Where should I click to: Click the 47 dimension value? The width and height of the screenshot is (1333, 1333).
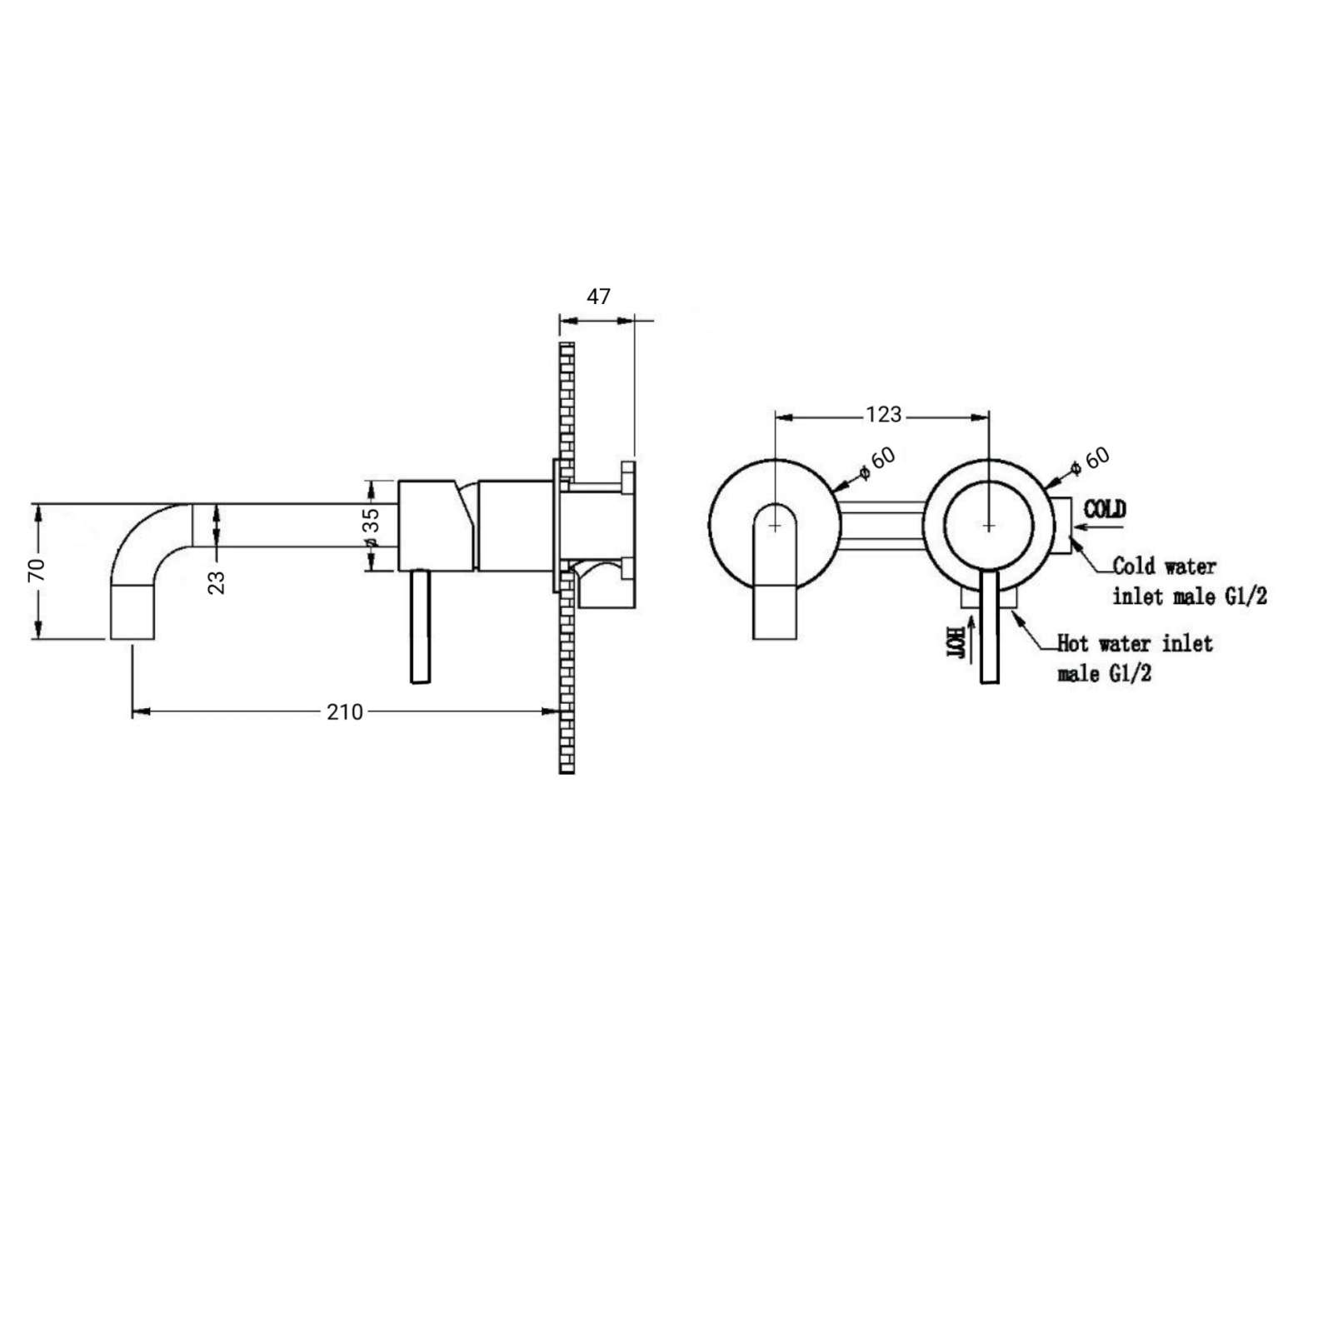point(599,297)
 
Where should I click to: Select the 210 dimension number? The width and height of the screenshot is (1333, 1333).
point(345,712)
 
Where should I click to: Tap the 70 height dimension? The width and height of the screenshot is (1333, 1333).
point(37,570)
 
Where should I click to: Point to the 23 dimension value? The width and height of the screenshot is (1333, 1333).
point(217,582)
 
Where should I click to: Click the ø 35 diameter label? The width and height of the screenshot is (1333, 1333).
point(372,529)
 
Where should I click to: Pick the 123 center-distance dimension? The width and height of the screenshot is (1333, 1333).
point(883,414)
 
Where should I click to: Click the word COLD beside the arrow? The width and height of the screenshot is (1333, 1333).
point(1105,508)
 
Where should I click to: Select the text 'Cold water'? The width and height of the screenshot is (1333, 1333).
point(1165,567)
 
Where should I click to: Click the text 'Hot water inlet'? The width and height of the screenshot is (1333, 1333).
point(1135,643)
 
